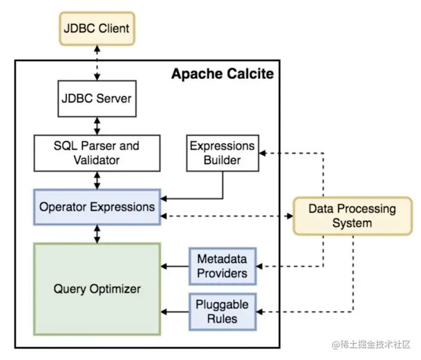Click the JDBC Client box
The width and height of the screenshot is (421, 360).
coord(97,29)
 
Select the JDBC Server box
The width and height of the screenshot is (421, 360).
coord(97,99)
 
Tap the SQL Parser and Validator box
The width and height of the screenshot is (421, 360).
coord(97,153)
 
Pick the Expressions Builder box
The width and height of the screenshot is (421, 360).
coord(222,153)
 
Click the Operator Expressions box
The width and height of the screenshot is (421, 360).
coord(97,207)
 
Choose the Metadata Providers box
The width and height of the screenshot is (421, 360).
coord(222,266)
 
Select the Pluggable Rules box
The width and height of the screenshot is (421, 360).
coord(222,312)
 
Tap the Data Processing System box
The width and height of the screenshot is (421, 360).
coord(352,216)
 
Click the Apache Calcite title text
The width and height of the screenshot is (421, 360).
coord(222,73)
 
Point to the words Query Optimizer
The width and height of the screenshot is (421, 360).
coord(97,289)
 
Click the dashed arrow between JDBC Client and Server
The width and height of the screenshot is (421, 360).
coord(97,63)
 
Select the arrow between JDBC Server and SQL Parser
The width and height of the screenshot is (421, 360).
coord(97,126)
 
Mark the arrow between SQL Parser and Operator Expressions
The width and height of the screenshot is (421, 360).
coord(97,180)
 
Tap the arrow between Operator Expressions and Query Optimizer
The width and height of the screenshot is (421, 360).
coord(97,234)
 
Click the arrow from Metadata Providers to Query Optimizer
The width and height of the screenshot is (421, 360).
coord(175,266)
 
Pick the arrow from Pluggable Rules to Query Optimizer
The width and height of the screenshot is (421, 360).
coord(175,312)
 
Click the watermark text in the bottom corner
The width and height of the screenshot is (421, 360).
coord(372,344)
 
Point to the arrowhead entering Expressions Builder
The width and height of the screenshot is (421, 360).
coord(262,153)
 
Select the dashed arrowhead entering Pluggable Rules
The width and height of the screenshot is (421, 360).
coord(259,312)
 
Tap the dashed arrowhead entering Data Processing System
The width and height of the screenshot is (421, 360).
coord(290,216)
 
